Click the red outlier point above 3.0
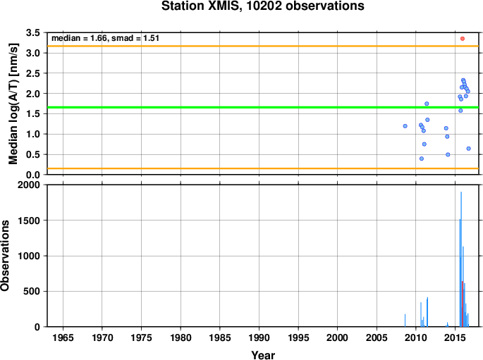coord(463,39)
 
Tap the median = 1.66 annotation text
coord(79,38)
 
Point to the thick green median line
coord(263,107)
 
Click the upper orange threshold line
coord(263,46)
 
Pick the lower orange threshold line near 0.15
coord(263,168)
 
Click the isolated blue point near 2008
coord(405,126)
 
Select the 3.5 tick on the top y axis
coord(33,32)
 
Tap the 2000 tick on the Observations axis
coord(29,185)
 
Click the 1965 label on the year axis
coord(63,337)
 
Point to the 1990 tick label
coord(259,337)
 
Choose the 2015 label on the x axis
coord(455,337)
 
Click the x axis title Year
coord(263,355)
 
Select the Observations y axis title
coord(5,256)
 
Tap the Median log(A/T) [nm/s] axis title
coord(13,104)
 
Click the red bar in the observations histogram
coord(463,304)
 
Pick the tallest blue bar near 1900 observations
coord(461,259)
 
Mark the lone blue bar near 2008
coord(405,321)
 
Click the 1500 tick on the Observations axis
coord(29,221)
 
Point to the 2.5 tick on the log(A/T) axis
coord(33,73)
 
